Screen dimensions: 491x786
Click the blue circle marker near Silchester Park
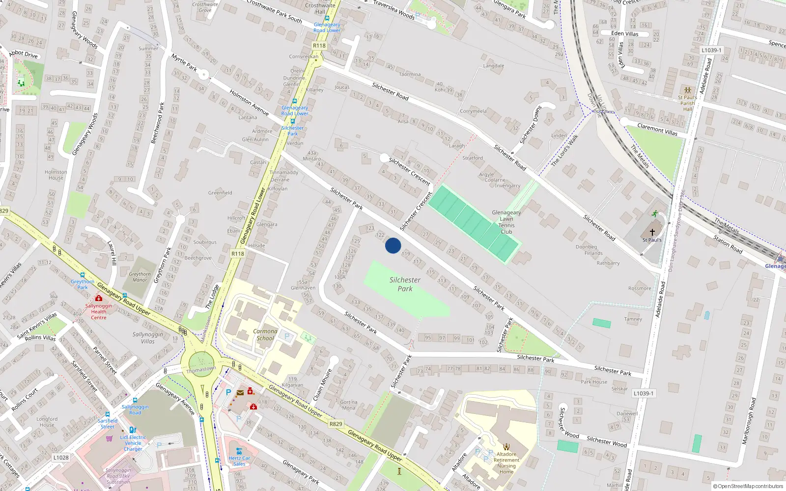point(393,245)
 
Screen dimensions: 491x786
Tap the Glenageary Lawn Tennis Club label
point(506,222)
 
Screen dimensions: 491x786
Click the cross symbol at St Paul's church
point(652,232)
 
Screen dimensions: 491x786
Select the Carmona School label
point(265,334)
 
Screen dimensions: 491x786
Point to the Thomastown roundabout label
point(200,369)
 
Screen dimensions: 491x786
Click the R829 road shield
point(336,424)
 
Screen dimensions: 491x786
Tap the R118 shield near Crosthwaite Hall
point(319,46)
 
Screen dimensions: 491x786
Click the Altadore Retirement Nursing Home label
point(506,463)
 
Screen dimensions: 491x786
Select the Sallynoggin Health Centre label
point(98,311)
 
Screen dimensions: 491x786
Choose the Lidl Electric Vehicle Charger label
point(133,443)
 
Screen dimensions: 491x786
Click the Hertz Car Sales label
point(239,461)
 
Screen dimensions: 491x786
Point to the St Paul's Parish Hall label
point(687,103)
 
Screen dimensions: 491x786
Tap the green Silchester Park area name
point(405,284)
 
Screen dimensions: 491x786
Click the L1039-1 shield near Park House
point(643,393)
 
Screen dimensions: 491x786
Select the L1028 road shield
point(61,457)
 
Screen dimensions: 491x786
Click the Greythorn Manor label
point(140,277)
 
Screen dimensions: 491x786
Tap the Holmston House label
point(56,175)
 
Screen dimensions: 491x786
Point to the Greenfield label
point(220,192)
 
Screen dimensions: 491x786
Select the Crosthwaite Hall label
point(320,8)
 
